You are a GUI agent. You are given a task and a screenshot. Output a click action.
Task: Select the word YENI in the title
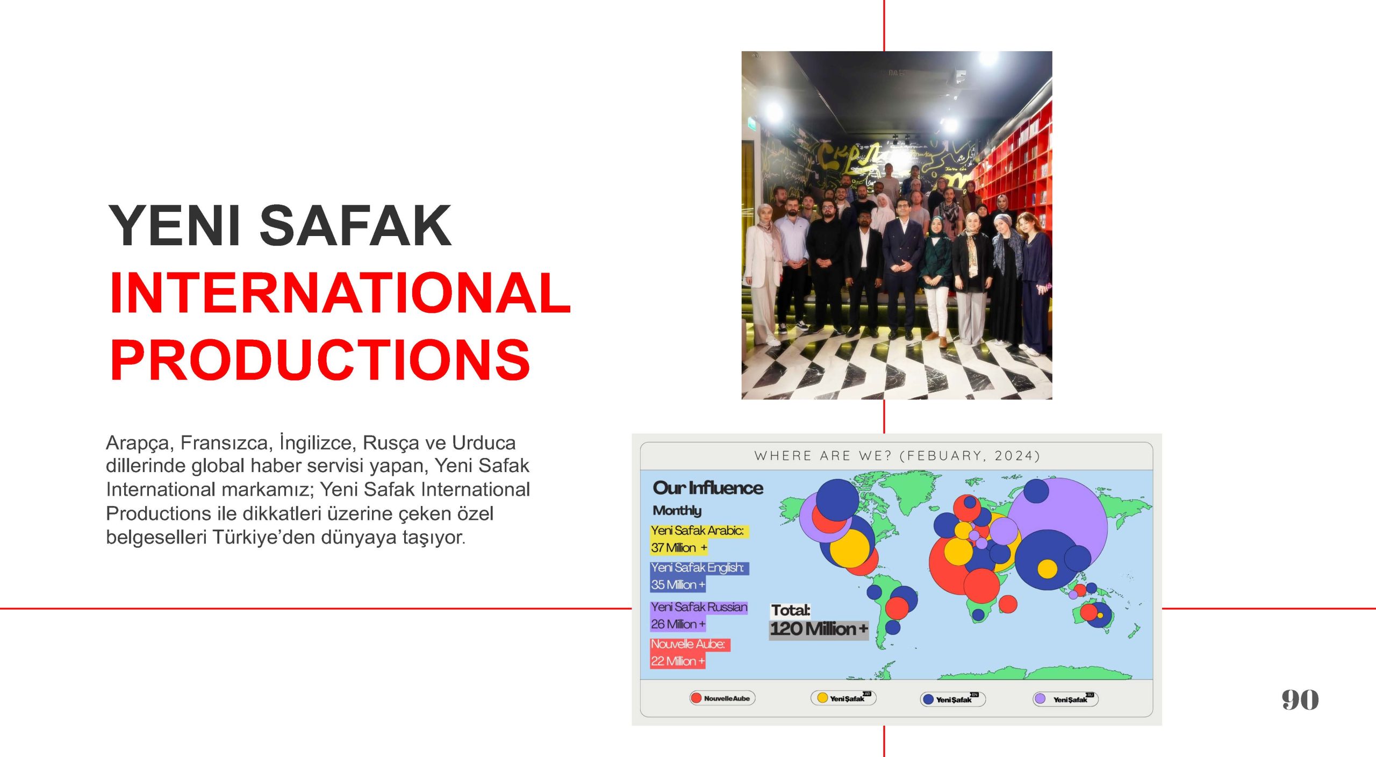174,226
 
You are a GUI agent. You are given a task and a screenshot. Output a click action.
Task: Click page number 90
1300,699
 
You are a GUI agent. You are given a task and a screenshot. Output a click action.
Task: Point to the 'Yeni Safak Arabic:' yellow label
698,531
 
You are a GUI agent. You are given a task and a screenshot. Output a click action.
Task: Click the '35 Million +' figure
678,584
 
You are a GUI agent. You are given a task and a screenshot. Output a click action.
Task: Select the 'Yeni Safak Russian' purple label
699,607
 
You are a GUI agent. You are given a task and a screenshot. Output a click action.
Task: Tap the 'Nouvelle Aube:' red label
688,644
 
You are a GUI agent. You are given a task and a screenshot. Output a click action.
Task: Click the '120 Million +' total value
819,629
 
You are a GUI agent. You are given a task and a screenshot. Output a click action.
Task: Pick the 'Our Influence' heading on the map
708,488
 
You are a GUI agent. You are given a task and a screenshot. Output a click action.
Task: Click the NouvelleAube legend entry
722,698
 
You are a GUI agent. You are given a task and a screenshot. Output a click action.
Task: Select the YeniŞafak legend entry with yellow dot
843,698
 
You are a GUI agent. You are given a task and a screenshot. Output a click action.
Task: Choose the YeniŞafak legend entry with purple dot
1065,699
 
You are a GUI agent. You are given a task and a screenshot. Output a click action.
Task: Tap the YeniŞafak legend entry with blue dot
953,699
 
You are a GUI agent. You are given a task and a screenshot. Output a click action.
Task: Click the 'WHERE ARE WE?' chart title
897,456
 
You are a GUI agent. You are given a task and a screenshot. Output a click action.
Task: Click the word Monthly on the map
677,510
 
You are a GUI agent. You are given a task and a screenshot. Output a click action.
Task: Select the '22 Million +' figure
678,661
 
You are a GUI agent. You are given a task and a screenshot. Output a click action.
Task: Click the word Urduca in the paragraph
484,443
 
